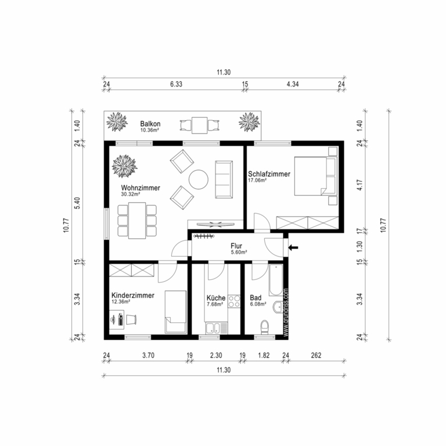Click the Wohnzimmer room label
tap(141, 188)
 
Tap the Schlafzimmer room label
tap(269, 174)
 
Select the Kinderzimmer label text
tap(133, 295)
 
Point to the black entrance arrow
tap(293, 247)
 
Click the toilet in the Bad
tap(265, 327)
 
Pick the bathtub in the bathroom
tap(276, 280)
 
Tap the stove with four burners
tap(234, 301)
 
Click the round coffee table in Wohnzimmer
tap(199, 179)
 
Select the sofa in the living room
tap(224, 179)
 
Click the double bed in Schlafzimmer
tap(315, 176)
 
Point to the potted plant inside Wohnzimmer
tap(125, 166)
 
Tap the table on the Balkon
tap(199, 125)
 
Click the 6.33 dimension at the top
tap(176, 84)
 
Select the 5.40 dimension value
tap(77, 203)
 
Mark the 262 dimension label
tap(316, 355)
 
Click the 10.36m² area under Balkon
tap(149, 130)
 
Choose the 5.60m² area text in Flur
tap(239, 252)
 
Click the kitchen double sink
tap(213, 328)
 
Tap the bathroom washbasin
tap(278, 307)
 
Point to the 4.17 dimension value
tap(360, 185)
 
